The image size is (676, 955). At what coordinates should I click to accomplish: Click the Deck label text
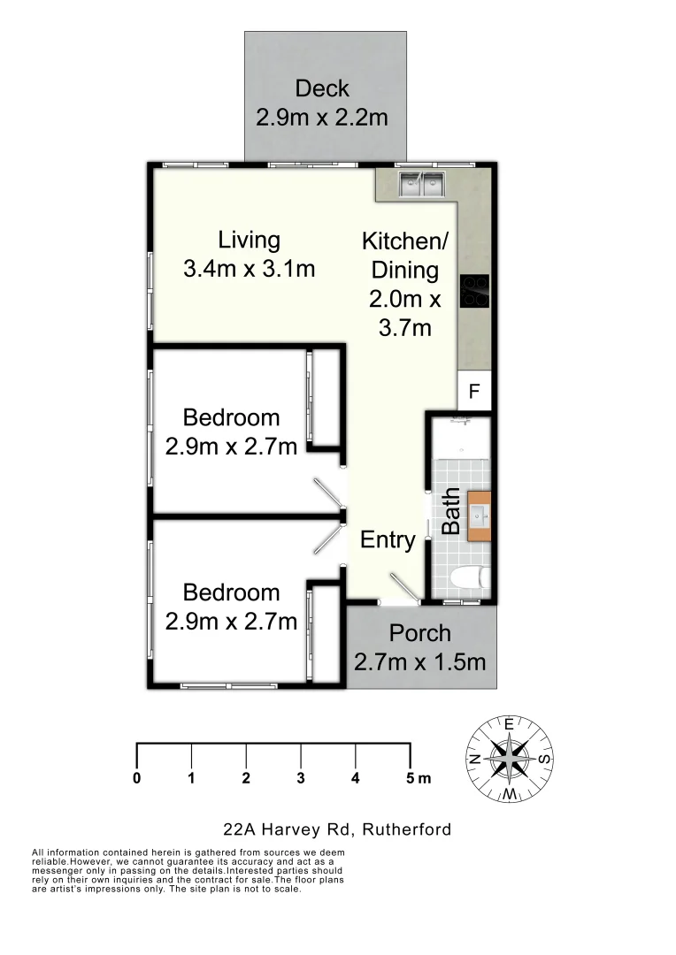click(x=322, y=88)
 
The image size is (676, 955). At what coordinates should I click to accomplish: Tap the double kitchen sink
click(x=420, y=184)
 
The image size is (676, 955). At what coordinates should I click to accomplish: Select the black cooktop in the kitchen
click(x=475, y=292)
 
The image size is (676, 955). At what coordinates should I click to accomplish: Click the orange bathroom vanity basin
click(x=479, y=516)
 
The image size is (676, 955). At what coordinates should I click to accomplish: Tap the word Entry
click(x=388, y=540)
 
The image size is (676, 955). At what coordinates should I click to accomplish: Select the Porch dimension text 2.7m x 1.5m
click(x=419, y=661)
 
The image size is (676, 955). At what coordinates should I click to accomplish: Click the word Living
click(x=250, y=240)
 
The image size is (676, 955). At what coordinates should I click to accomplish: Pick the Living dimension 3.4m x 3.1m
click(x=250, y=269)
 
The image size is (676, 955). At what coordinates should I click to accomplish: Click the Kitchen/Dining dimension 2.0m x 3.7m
click(x=404, y=313)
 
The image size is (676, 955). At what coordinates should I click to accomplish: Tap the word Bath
click(x=451, y=511)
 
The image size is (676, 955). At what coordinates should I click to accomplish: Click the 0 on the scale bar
click(x=137, y=779)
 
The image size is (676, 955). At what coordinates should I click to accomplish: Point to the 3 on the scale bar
click(x=301, y=779)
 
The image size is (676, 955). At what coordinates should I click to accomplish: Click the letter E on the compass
click(x=510, y=722)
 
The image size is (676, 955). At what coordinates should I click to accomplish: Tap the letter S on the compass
click(x=545, y=759)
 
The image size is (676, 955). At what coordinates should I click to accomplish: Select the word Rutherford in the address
click(x=404, y=829)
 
